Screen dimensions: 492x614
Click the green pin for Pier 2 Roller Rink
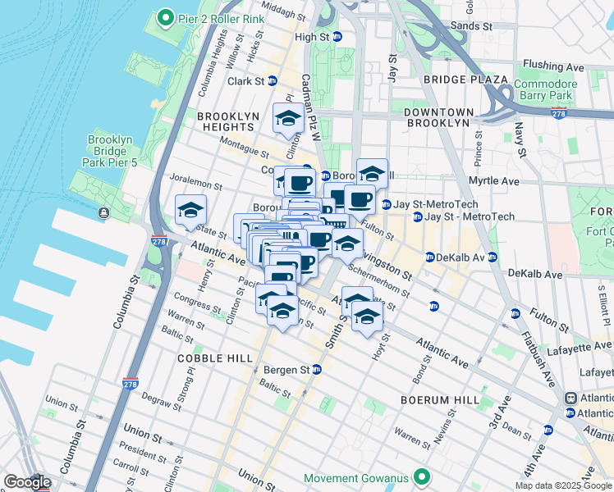166,17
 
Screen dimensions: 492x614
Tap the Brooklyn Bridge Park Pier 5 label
109,152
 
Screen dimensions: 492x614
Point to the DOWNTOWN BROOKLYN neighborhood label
438,117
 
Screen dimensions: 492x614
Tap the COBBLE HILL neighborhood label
212,359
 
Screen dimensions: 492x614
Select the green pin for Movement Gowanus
421,476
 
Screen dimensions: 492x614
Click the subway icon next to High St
337,37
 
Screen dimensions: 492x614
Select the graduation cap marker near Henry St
190,211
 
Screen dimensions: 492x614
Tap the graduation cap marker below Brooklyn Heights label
288,120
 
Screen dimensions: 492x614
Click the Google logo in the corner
26,482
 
